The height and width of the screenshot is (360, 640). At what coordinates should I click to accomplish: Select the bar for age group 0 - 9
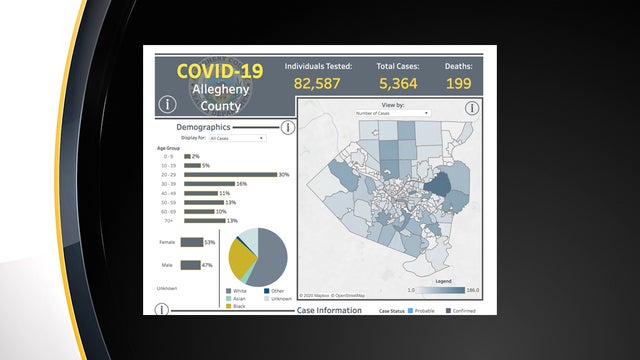(186, 156)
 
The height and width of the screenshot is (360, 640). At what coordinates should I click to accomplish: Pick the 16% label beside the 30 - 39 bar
(241, 184)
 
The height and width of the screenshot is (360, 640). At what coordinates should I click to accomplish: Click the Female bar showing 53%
(191, 242)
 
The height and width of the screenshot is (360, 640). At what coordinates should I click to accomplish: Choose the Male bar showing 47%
(190, 265)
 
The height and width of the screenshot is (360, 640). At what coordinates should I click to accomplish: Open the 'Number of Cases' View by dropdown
(392, 113)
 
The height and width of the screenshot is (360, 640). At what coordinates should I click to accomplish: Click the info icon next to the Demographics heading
(287, 127)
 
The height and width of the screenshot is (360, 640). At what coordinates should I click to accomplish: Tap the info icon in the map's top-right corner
(471, 108)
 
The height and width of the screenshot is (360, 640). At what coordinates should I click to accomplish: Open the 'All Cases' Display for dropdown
(237, 138)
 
